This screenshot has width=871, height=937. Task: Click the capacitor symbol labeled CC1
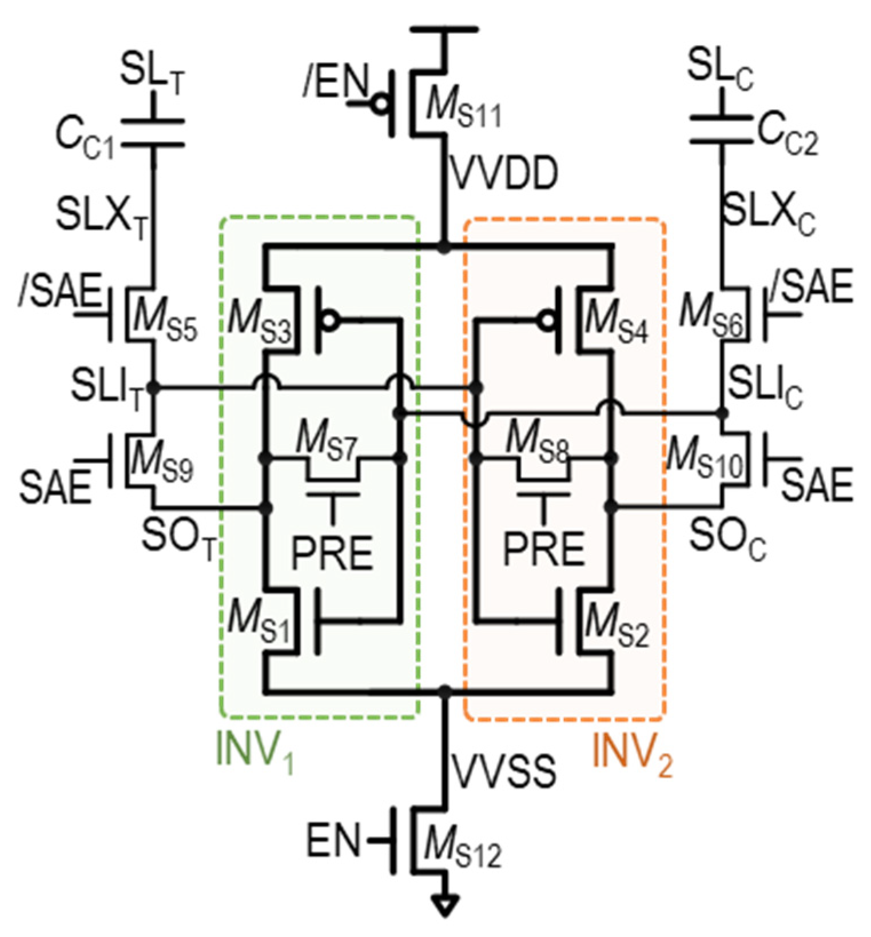point(153,133)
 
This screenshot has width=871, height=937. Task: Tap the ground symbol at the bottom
point(444,905)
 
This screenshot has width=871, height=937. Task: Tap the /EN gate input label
point(335,83)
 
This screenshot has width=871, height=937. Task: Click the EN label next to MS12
point(333,840)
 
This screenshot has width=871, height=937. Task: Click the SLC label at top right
point(719,70)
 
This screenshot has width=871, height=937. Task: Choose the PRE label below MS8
point(543,549)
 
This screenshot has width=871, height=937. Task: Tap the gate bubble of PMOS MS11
point(380,105)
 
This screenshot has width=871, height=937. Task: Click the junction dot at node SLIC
point(723,412)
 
